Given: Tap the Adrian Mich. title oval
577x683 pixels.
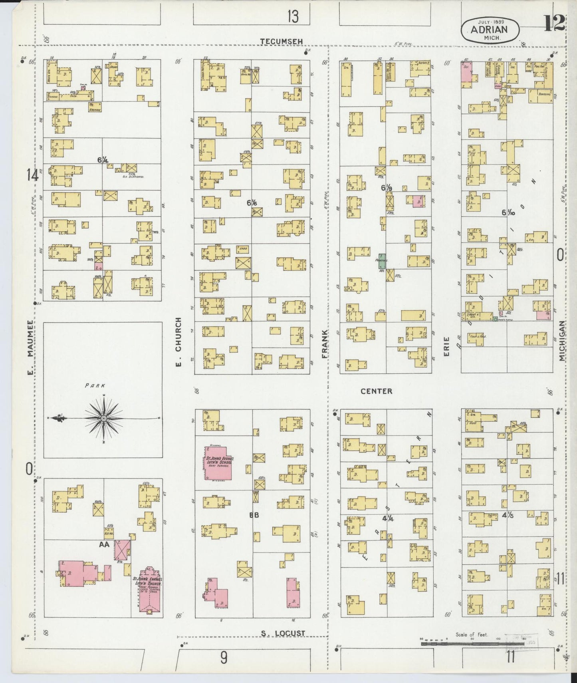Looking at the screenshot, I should [490, 30].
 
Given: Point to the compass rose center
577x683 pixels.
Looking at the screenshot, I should [103, 418].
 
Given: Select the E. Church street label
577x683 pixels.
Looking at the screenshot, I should [178, 343].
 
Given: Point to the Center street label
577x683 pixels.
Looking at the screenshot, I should [376, 391].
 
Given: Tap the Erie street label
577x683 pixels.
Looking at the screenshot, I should [446, 347].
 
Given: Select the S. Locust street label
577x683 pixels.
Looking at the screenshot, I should [283, 633].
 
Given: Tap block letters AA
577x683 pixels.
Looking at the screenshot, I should [105, 544].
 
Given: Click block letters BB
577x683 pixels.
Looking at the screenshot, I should [254, 515].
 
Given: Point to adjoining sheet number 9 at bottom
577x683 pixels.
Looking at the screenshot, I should [224, 657].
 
